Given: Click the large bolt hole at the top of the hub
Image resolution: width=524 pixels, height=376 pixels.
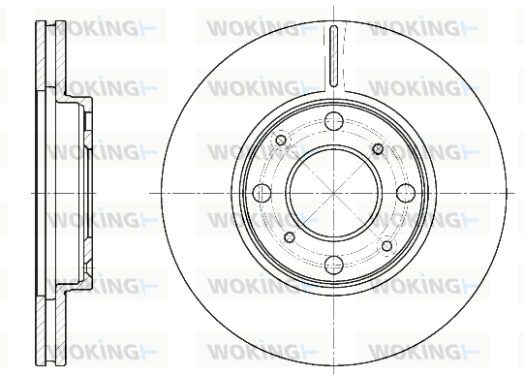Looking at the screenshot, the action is [x=334, y=121].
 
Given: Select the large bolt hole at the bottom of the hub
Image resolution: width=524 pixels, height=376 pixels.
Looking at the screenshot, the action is [x=334, y=265].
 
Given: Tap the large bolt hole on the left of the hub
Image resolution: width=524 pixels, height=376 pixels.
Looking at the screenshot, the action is [x=262, y=193].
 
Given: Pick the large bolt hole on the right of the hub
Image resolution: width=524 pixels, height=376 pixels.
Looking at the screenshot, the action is [x=406, y=193].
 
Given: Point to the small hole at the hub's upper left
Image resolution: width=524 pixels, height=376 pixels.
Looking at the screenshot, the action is [x=281, y=141].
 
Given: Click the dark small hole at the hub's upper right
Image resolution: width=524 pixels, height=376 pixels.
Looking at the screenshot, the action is [x=378, y=149].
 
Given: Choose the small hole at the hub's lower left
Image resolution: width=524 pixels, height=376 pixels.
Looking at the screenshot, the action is [x=290, y=237].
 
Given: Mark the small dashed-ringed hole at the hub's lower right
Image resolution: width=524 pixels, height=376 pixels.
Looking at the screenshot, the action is [x=386, y=246].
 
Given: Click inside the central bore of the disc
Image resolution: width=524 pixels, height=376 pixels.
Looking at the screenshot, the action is [x=334, y=193].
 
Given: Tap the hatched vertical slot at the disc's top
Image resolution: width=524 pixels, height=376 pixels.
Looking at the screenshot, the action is [x=333, y=56].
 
